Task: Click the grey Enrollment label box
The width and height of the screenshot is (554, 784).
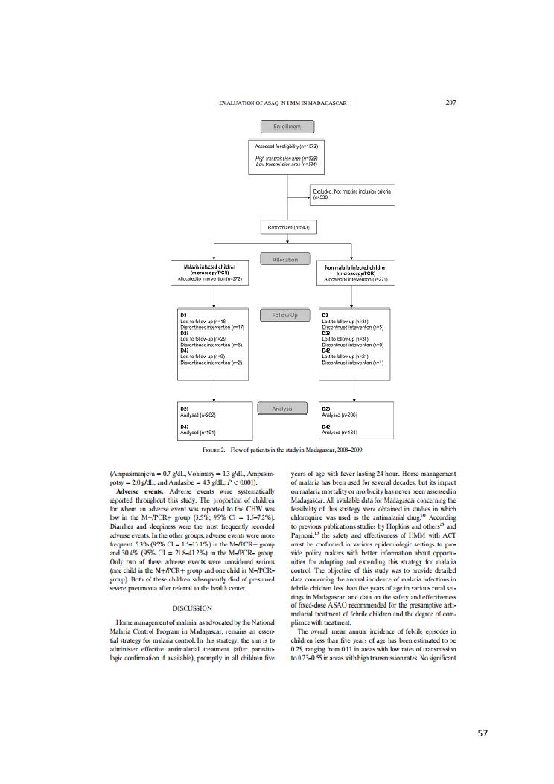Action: [287, 127]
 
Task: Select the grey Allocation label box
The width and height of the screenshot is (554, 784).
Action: [287, 259]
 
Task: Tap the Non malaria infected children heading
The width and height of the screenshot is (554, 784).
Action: [356, 267]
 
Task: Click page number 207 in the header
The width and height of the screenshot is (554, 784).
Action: [450, 102]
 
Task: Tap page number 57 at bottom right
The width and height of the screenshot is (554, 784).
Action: [483, 733]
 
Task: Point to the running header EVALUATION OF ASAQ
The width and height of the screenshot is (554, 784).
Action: [284, 103]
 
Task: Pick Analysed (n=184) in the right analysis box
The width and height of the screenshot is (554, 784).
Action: [340, 432]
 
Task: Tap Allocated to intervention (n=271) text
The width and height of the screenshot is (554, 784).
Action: [356, 279]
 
